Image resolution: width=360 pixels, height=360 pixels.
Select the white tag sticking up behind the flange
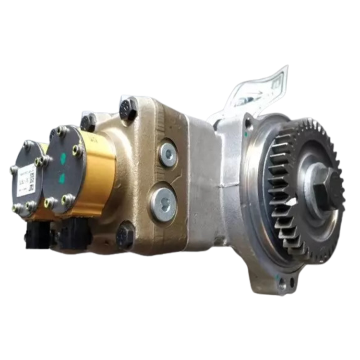(269, 89)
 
